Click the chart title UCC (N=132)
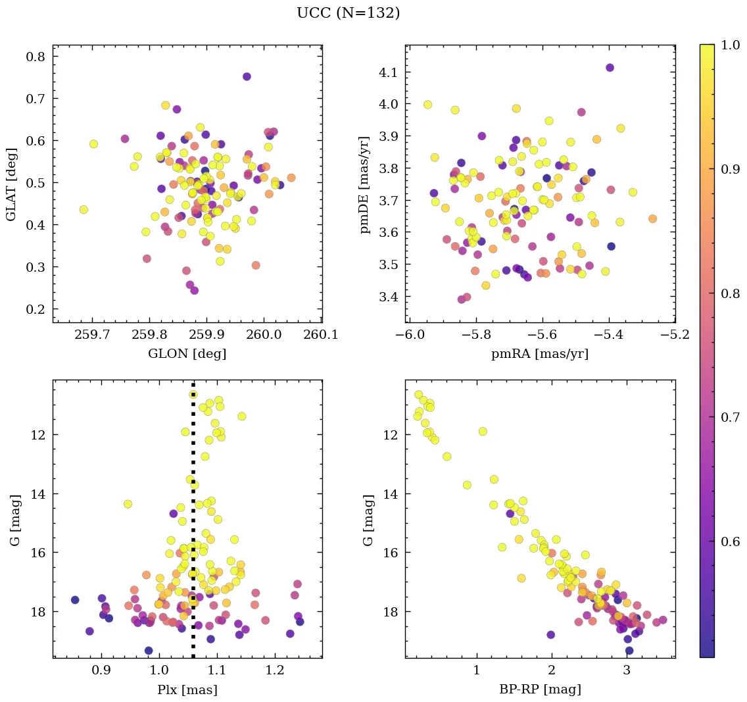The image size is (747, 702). pos(348,13)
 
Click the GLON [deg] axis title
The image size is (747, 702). pos(187,354)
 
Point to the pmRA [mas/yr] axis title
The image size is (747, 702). pos(540,354)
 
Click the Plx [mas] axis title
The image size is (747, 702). pos(187,690)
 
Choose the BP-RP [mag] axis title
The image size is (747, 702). pos(540,690)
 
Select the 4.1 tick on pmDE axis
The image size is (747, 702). pos(389,72)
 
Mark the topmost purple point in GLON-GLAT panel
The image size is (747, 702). pos(247,76)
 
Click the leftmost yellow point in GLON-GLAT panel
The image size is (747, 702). pos(84,209)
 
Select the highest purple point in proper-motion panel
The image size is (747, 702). pos(610,68)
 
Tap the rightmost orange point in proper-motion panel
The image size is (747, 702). pos(652,218)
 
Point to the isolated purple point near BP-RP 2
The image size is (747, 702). pos(550,635)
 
